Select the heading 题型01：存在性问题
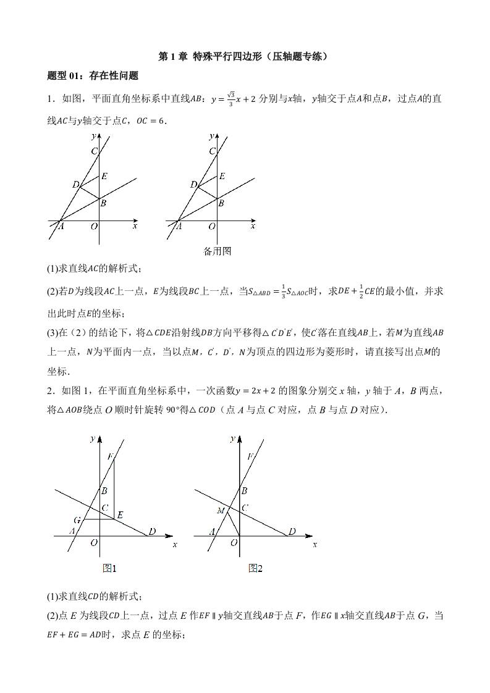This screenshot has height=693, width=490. (x=92, y=76)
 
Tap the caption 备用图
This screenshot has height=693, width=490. (x=217, y=251)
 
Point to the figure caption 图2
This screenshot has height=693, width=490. (x=255, y=568)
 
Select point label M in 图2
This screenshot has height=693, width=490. (x=221, y=511)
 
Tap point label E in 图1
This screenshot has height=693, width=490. (x=120, y=514)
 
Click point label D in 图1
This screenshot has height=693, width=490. (x=151, y=531)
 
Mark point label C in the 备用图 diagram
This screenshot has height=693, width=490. (x=212, y=151)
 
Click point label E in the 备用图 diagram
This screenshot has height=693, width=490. (x=221, y=176)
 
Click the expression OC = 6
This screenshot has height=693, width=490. (x=151, y=121)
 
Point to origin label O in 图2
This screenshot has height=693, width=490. (x=234, y=543)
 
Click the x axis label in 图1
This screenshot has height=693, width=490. (x=175, y=545)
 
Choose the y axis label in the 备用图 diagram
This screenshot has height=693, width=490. (x=211, y=135)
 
